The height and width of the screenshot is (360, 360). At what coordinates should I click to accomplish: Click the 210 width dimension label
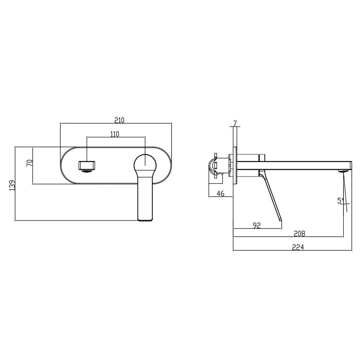(x=119, y=120)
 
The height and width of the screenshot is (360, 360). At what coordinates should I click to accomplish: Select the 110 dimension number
(x=114, y=134)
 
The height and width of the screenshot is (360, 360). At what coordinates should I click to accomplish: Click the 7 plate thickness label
(x=234, y=123)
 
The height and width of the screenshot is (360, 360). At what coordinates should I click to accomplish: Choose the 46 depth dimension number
(x=220, y=193)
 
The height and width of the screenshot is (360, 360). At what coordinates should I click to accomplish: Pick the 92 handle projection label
(x=257, y=225)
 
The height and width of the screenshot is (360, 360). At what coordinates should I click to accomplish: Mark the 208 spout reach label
(x=300, y=233)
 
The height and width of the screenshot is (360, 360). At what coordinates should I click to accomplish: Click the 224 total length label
(x=298, y=247)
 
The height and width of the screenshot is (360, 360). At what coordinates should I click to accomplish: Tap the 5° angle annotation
(x=340, y=201)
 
